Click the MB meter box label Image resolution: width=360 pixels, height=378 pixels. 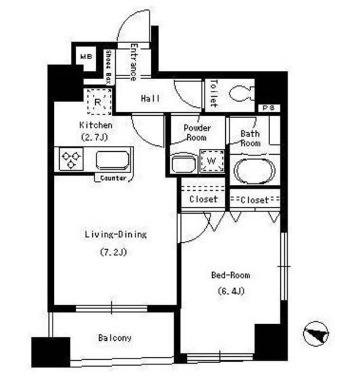coord(86,57)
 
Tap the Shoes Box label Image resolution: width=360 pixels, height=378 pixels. coord(108,67)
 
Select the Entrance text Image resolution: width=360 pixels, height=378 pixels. coord(134,61)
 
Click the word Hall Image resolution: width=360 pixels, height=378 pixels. coord(150,99)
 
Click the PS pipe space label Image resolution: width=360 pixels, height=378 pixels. coord(268,107)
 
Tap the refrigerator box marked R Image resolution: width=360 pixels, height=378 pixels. coord(99,102)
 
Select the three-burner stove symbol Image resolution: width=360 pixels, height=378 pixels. coord(71,159)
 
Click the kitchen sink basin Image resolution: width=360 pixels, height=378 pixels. coord(112,160)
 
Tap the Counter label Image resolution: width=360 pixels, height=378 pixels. coord(113,178)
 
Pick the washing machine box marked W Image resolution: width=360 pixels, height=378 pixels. coord(212,161)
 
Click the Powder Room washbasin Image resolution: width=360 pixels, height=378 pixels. coord(183,164)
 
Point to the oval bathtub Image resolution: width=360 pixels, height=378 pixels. coord(255,170)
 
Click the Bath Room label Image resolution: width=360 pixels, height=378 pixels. coord(251,138)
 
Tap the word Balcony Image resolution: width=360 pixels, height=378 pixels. coord(115,338)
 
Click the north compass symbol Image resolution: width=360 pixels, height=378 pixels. coord(316,334)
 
